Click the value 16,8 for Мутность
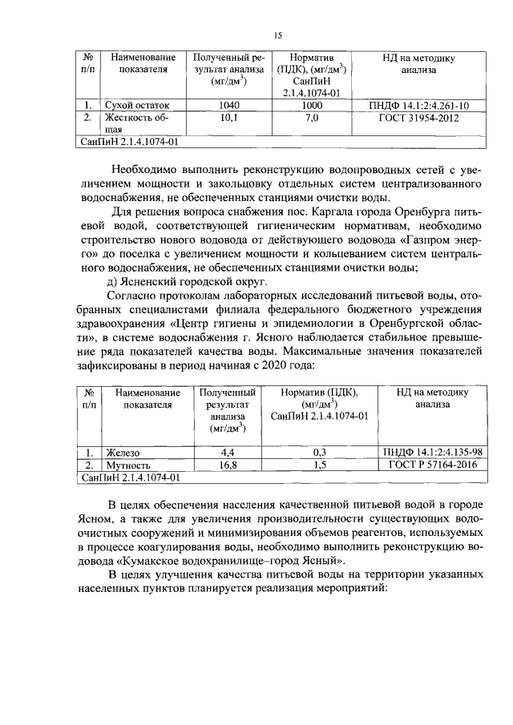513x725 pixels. [227, 465]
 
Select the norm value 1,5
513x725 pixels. [319, 465]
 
